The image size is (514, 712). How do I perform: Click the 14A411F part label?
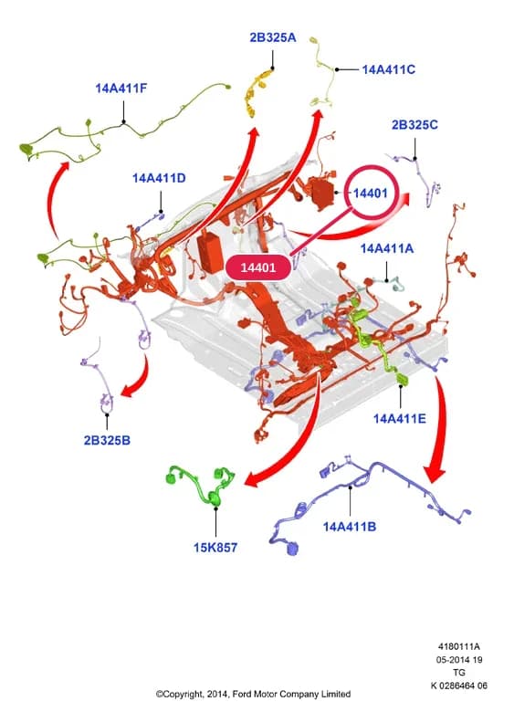tap(121, 89)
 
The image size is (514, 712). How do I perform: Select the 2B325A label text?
tap(272, 37)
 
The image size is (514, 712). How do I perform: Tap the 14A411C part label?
tap(388, 69)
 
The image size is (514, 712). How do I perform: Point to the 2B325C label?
tap(414, 124)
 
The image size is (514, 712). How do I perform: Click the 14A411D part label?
tap(159, 178)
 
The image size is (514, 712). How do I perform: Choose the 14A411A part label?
tap(387, 248)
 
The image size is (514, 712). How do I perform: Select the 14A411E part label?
tap(400, 418)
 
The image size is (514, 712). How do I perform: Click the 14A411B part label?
tap(349, 527)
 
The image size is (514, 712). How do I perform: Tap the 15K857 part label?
tap(215, 548)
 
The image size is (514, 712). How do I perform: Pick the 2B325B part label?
tap(107, 440)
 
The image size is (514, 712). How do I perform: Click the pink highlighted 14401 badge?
tap(257, 267)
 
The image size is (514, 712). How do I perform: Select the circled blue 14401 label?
tap(371, 193)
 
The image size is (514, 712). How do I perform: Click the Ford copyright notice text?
tap(254, 694)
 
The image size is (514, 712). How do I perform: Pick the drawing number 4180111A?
tap(459, 646)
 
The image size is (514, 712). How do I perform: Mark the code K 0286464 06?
tap(459, 686)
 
